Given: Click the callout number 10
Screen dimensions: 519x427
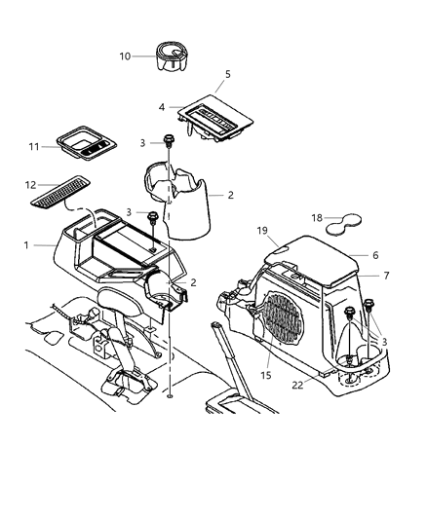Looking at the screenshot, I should click(x=124, y=56).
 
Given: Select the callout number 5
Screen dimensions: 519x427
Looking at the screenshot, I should click(x=227, y=74).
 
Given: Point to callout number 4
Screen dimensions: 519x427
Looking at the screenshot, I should click(x=163, y=106).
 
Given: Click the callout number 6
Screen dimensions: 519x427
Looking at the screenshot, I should click(x=376, y=254).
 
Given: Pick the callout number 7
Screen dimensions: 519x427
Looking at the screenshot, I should click(x=386, y=276).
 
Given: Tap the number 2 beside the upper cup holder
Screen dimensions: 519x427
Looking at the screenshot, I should click(x=231, y=195).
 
